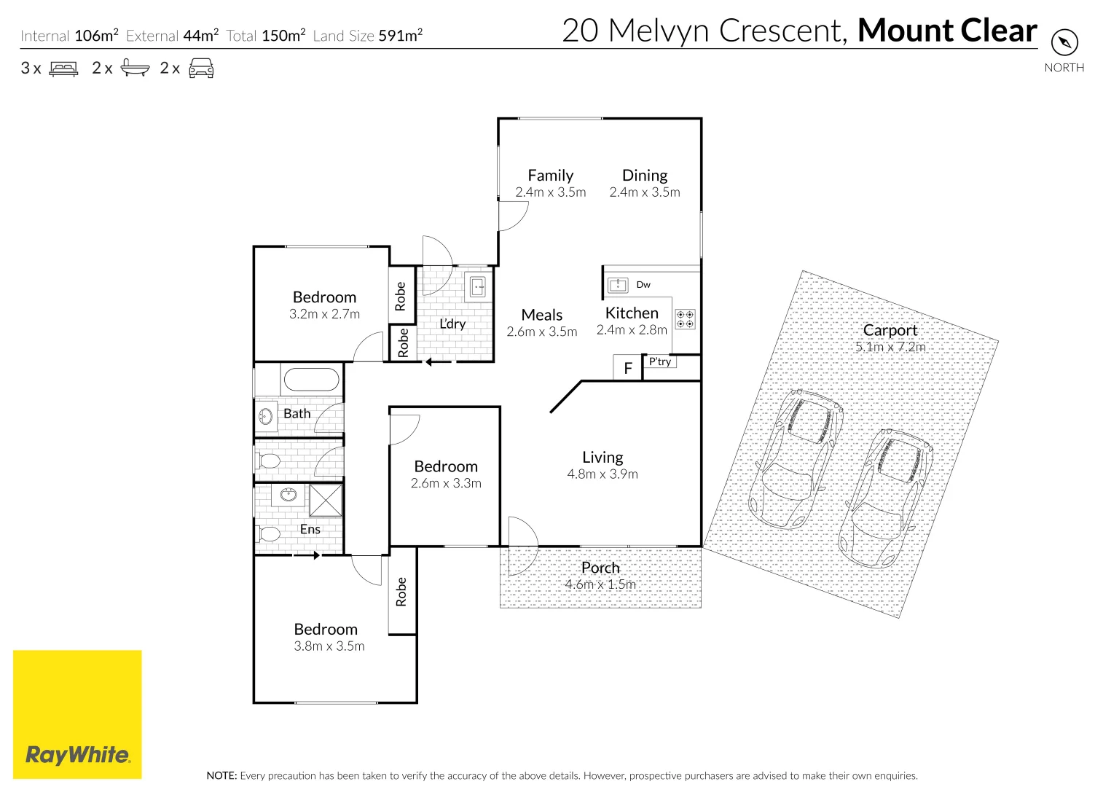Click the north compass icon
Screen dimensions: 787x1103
pos(1064,42)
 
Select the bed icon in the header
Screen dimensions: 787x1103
pos(63,68)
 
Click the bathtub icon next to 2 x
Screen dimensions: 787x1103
pos(135,68)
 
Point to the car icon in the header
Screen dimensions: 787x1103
pos(201,68)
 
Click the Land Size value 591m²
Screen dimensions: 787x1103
pos(400,35)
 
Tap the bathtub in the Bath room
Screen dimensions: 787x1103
pos(311,380)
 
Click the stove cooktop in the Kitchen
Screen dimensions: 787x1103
pos(685,318)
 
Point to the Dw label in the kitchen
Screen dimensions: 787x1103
pos(643,285)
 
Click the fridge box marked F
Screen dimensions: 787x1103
pos(627,368)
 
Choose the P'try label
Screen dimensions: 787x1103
pos(660,361)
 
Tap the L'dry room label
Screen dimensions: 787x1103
pos(452,324)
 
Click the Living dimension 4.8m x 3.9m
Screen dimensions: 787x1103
pos(602,474)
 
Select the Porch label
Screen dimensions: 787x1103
pos(600,568)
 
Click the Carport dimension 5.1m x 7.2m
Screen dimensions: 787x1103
pos(890,347)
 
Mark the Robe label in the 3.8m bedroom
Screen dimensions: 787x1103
pos(401,592)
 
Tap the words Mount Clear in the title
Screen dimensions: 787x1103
pos(947,31)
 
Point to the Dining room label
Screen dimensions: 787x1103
pos(645,176)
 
